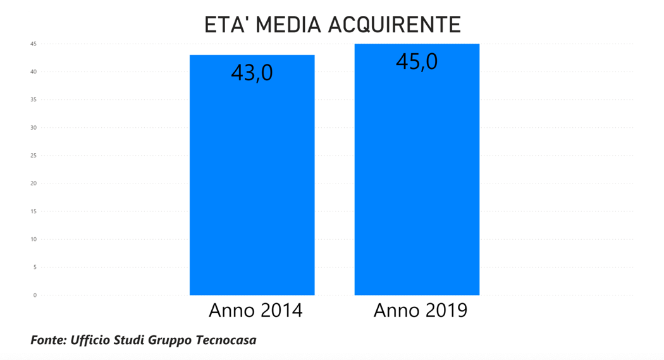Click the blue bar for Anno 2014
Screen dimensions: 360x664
252,183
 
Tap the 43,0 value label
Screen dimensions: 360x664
252,73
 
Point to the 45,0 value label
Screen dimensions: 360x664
417,61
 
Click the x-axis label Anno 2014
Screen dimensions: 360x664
255,311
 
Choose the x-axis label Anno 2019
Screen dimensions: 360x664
421,311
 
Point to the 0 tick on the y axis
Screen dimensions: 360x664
35,295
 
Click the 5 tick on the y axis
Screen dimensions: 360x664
35,267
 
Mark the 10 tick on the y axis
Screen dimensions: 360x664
34,239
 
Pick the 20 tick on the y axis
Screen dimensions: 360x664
34,183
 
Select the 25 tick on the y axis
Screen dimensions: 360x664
34,156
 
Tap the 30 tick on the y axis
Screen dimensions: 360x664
34,128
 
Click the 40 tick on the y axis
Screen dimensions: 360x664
34,71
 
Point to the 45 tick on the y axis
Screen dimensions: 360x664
34,44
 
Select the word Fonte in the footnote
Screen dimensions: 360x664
46,340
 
